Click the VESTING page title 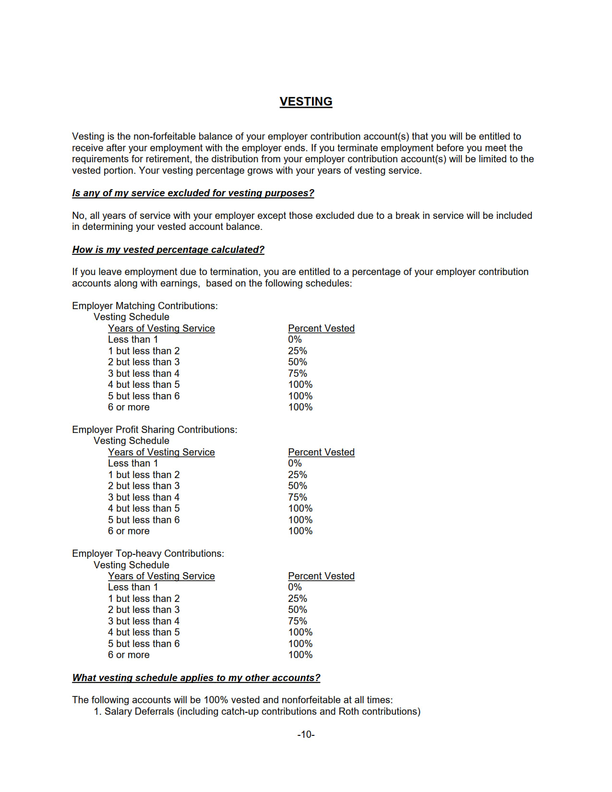(306, 102)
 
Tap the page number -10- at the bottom (306, 734)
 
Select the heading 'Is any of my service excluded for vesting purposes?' (193, 193)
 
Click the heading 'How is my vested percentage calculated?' (168, 250)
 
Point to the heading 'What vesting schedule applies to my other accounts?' (196, 678)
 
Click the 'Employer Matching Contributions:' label (144, 306)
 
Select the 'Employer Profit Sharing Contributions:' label (155, 430)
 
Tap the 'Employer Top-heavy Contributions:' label (148, 553)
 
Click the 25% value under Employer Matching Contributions (297, 351)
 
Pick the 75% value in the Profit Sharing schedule (297, 497)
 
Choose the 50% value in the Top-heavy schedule (297, 610)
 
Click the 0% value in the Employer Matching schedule (295, 339)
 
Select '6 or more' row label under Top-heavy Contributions (129, 655)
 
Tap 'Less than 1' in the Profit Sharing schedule (132, 463)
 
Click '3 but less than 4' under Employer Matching (144, 373)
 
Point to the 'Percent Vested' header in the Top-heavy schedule (321, 576)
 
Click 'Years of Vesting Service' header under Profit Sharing (161, 452)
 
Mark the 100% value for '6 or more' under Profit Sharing (300, 531)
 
